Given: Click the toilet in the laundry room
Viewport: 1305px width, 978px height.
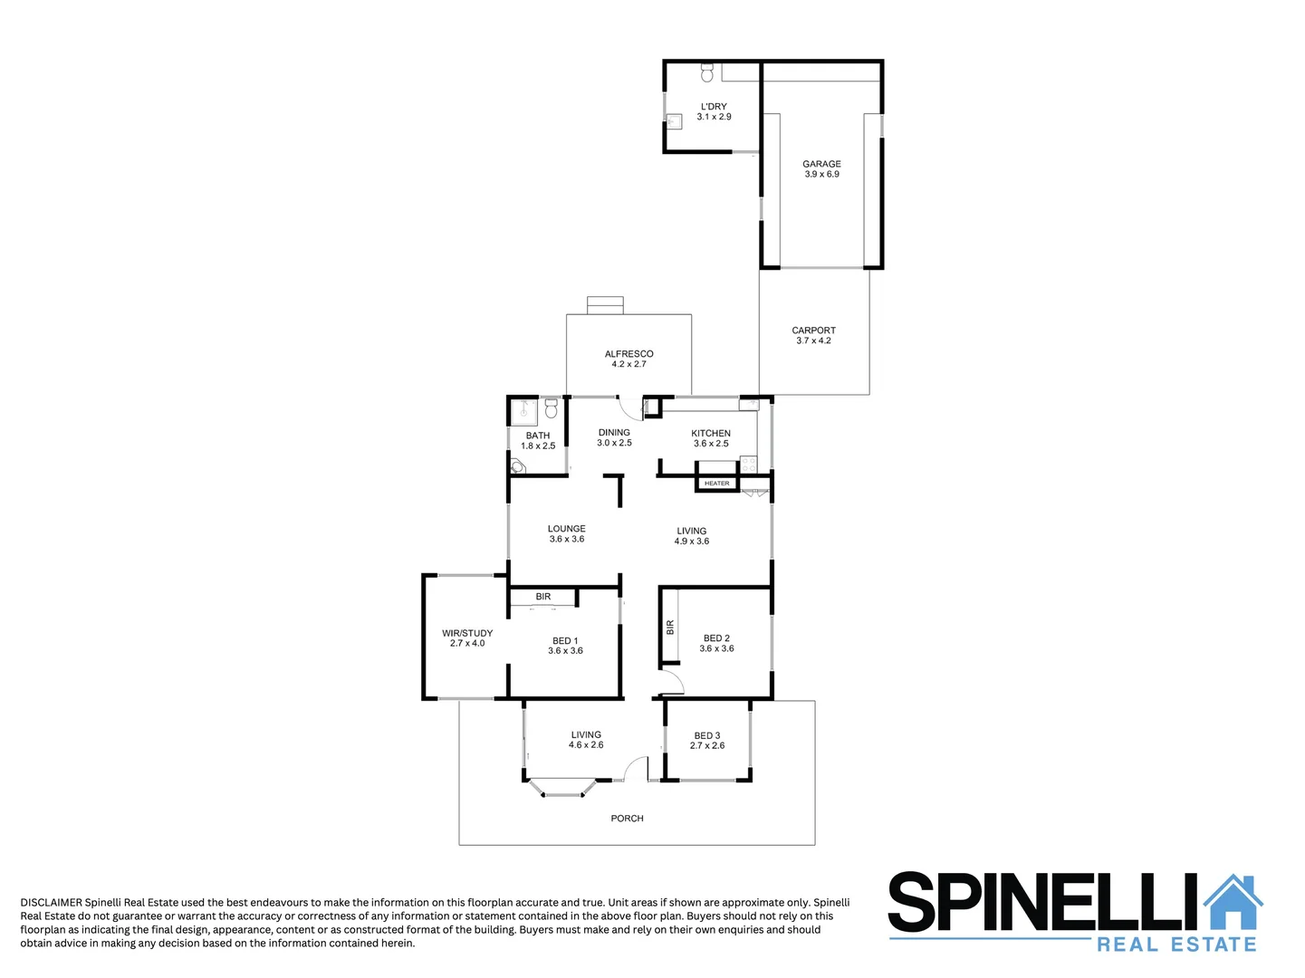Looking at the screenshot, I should pyautogui.click(x=707, y=72).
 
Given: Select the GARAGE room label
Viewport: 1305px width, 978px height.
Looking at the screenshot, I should pyautogui.click(x=821, y=164).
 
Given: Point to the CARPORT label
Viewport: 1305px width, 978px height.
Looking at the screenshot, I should pyautogui.click(x=813, y=331).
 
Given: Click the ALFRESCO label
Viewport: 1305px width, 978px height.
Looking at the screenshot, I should pyautogui.click(x=629, y=354).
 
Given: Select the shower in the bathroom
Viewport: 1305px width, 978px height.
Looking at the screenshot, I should pyautogui.click(x=523, y=412).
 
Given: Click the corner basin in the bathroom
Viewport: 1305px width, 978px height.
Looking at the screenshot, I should pyautogui.click(x=517, y=467).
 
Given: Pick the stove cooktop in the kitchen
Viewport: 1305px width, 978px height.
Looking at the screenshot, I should pyautogui.click(x=748, y=465).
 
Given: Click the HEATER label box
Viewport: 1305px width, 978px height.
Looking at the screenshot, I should pyautogui.click(x=716, y=484).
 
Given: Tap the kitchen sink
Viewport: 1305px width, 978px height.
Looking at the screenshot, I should pyautogui.click(x=749, y=403).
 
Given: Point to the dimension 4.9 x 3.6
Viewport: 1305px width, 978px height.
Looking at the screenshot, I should pyautogui.click(x=692, y=542).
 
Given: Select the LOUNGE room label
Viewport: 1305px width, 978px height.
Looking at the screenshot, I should pyautogui.click(x=567, y=529).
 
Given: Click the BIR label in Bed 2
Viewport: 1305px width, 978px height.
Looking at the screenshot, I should pyautogui.click(x=670, y=627).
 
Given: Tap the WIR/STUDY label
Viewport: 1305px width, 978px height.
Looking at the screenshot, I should pyautogui.click(x=467, y=633).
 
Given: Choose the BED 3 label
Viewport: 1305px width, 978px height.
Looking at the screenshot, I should pyautogui.click(x=707, y=736).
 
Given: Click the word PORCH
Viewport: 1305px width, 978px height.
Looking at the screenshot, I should pyautogui.click(x=627, y=819).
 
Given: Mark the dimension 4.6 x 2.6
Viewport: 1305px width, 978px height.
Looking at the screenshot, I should pyautogui.click(x=586, y=745).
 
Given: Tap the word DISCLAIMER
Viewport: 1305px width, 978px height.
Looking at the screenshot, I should pyautogui.click(x=51, y=903).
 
